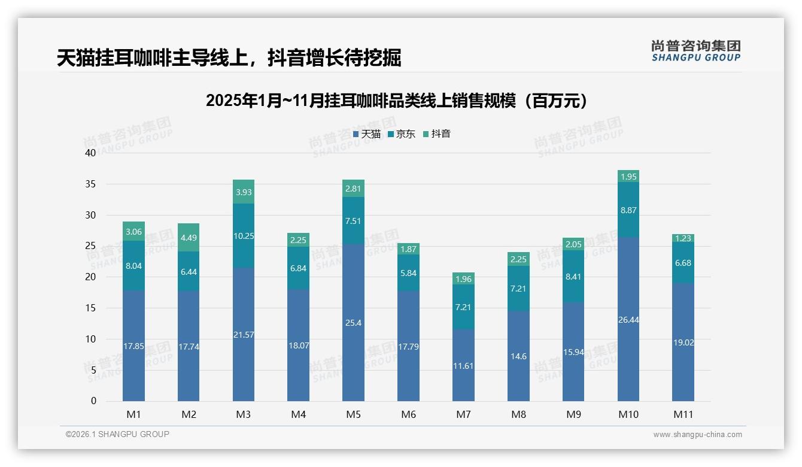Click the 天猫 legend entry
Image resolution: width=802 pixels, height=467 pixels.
[x=366, y=134]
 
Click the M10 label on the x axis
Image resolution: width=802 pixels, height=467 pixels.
[x=628, y=414]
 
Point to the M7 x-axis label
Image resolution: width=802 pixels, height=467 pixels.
[x=463, y=414]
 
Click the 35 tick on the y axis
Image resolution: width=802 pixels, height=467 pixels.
[x=90, y=184]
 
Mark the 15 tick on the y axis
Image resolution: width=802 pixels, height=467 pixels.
[x=90, y=308]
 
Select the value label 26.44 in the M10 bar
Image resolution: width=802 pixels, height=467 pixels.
[x=628, y=320]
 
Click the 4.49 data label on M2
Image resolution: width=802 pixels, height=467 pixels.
[x=189, y=238]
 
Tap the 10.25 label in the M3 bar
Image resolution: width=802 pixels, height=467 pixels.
[x=244, y=236]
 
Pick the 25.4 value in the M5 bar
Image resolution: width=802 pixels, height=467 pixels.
[x=353, y=323]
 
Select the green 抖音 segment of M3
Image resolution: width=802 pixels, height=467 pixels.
[x=244, y=192]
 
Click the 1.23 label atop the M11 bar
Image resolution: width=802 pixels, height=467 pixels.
[x=683, y=238]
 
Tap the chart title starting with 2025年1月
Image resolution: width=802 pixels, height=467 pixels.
[x=396, y=101]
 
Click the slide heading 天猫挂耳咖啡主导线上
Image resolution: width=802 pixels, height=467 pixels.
[x=229, y=58]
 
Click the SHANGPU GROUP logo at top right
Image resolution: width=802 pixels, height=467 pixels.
[x=695, y=51]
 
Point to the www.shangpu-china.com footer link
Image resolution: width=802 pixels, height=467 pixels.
[x=697, y=435]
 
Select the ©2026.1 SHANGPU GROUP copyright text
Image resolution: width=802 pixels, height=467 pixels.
[x=117, y=434]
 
